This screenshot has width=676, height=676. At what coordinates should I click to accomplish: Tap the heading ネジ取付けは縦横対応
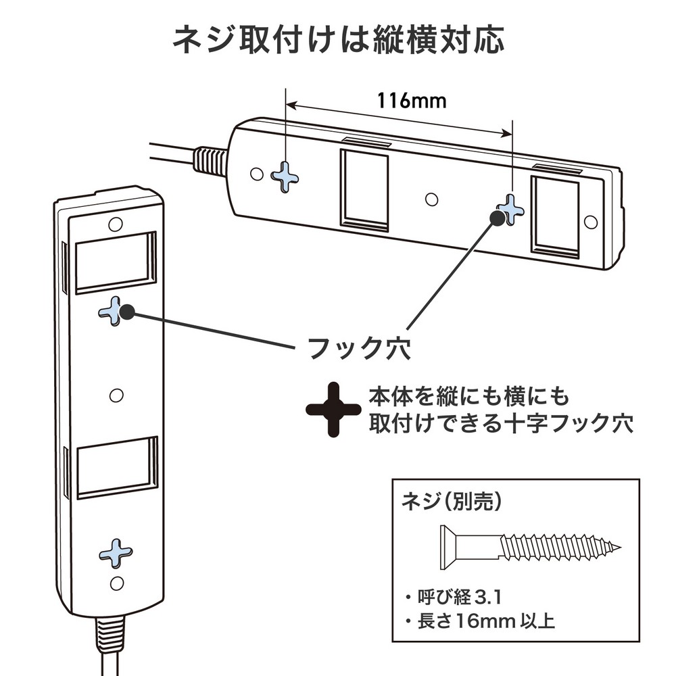point(338,41)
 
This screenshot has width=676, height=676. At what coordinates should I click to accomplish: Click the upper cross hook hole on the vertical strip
point(114,312)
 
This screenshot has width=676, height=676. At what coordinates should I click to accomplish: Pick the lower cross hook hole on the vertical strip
point(116,553)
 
